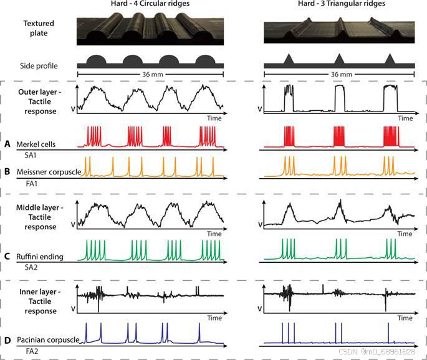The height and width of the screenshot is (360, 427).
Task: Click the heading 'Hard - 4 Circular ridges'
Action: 149,6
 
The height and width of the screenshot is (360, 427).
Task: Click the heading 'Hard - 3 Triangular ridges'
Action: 337,6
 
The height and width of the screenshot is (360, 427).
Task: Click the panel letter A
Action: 7,143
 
